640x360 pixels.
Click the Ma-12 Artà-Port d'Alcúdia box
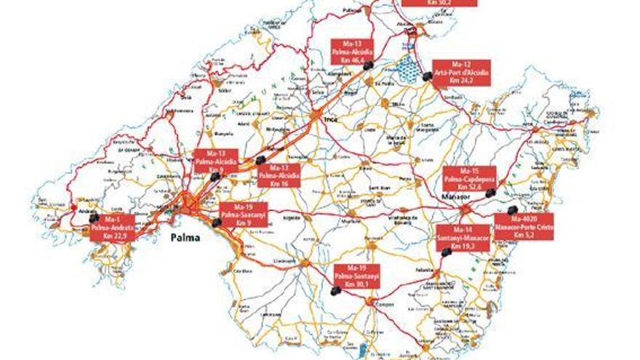pyautogui.click(x=461, y=73)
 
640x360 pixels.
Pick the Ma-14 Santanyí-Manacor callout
pyautogui.click(x=463, y=238)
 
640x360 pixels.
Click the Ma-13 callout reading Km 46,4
pyautogui.click(x=352, y=52)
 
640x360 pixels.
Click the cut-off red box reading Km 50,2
pyautogui.click(x=439, y=3)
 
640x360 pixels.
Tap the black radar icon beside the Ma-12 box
pyautogui.click(x=426, y=76)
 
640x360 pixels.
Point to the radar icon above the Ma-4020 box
pyautogui.click(x=512, y=210)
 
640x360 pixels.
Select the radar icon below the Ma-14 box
pyautogui.click(x=446, y=252)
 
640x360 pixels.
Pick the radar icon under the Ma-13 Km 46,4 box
pyautogui.click(x=368, y=65)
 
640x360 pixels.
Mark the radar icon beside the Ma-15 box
pyautogui.click(x=492, y=193)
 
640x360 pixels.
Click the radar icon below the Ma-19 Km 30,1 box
pyautogui.click(x=335, y=290)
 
